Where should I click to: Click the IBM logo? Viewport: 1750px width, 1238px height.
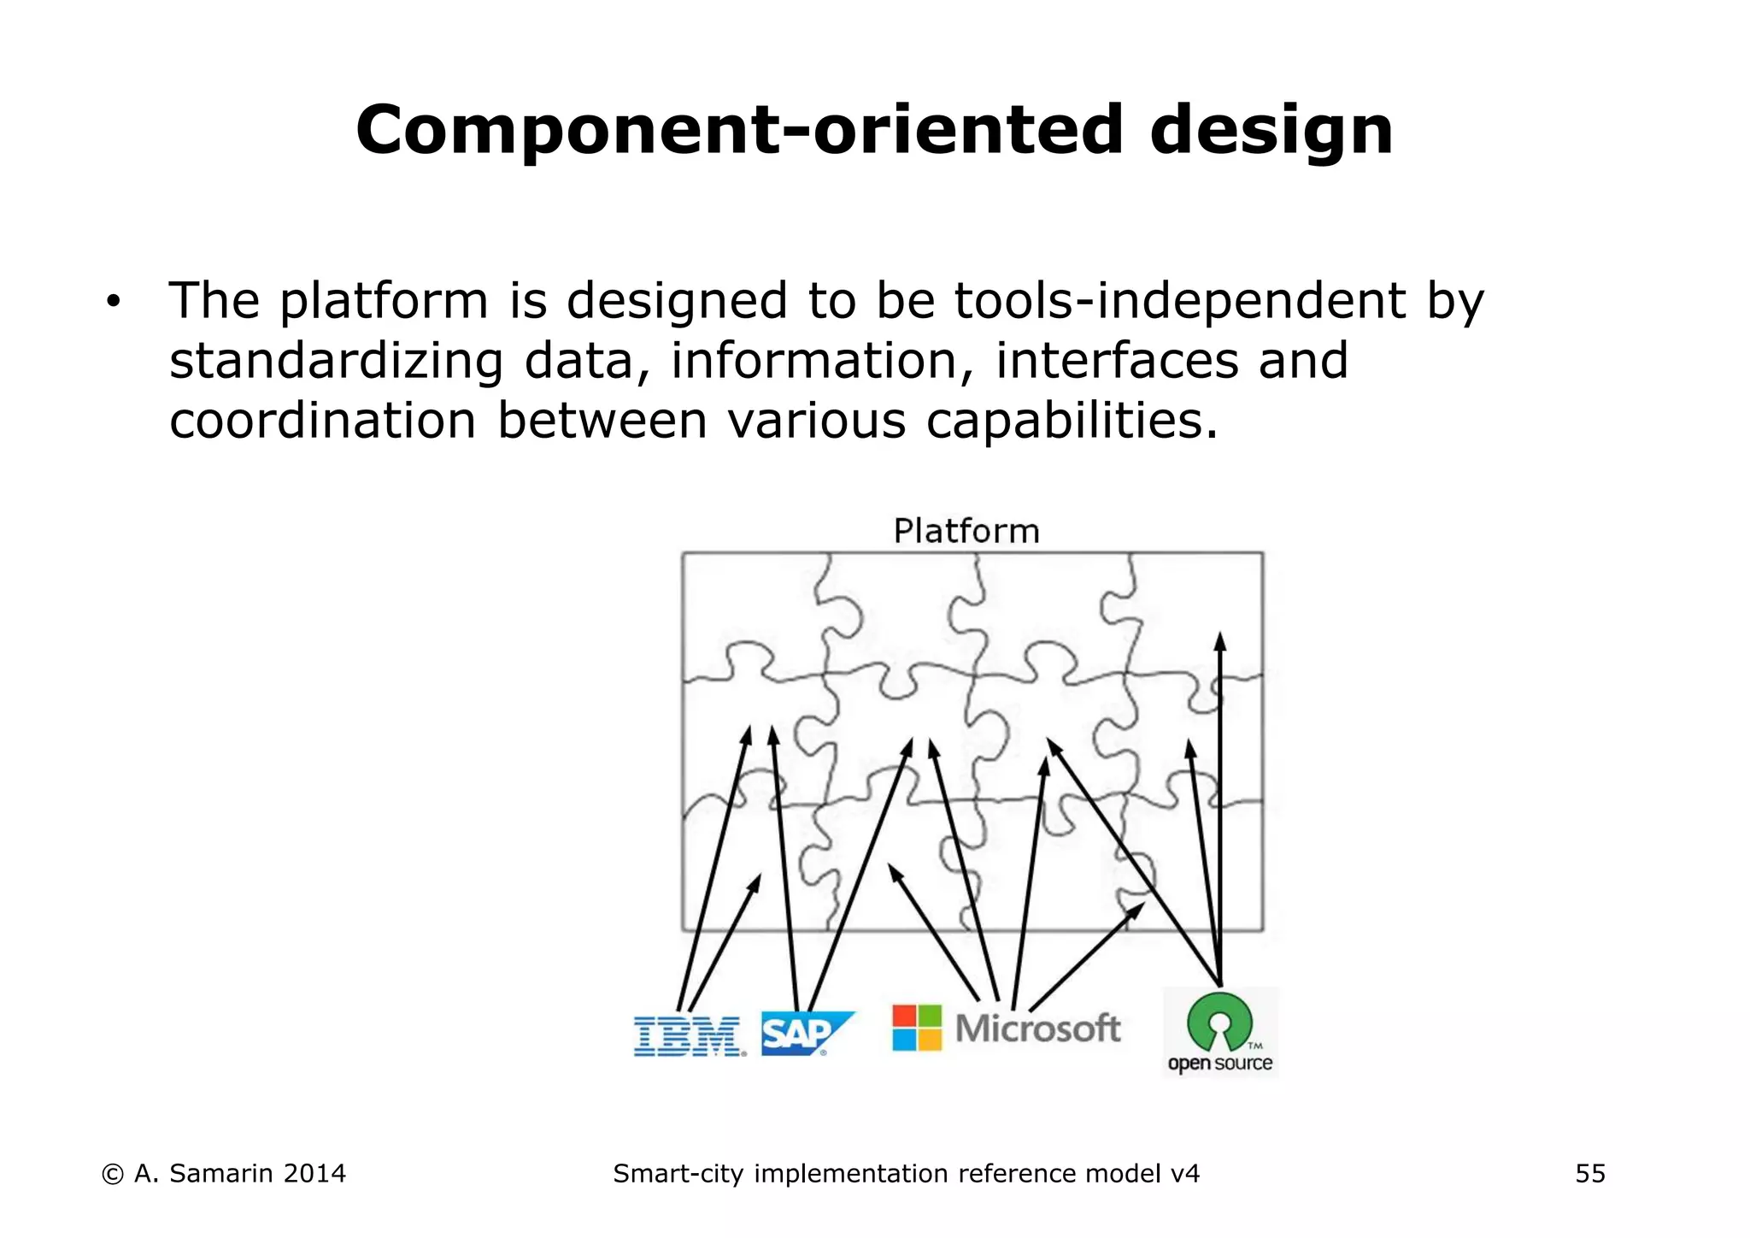click(689, 1036)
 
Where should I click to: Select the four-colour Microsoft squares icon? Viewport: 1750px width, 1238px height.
click(916, 1028)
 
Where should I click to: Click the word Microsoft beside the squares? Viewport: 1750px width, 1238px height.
click(1037, 1029)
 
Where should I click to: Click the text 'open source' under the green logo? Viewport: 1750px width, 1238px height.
click(1219, 1064)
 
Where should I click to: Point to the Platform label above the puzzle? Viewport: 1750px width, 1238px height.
click(966, 531)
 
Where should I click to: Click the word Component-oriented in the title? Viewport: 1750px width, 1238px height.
click(737, 130)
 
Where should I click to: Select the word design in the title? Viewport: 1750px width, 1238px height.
click(1271, 130)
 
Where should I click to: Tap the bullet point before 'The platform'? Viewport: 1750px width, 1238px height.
click(113, 302)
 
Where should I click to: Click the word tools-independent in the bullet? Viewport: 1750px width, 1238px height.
click(1180, 301)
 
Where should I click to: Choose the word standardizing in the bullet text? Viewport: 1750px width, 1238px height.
click(336, 361)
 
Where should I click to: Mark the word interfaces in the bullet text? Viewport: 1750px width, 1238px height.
click(1116, 361)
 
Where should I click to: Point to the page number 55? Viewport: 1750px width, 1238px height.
click(1590, 1174)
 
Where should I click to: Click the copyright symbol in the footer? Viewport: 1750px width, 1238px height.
click(112, 1175)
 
